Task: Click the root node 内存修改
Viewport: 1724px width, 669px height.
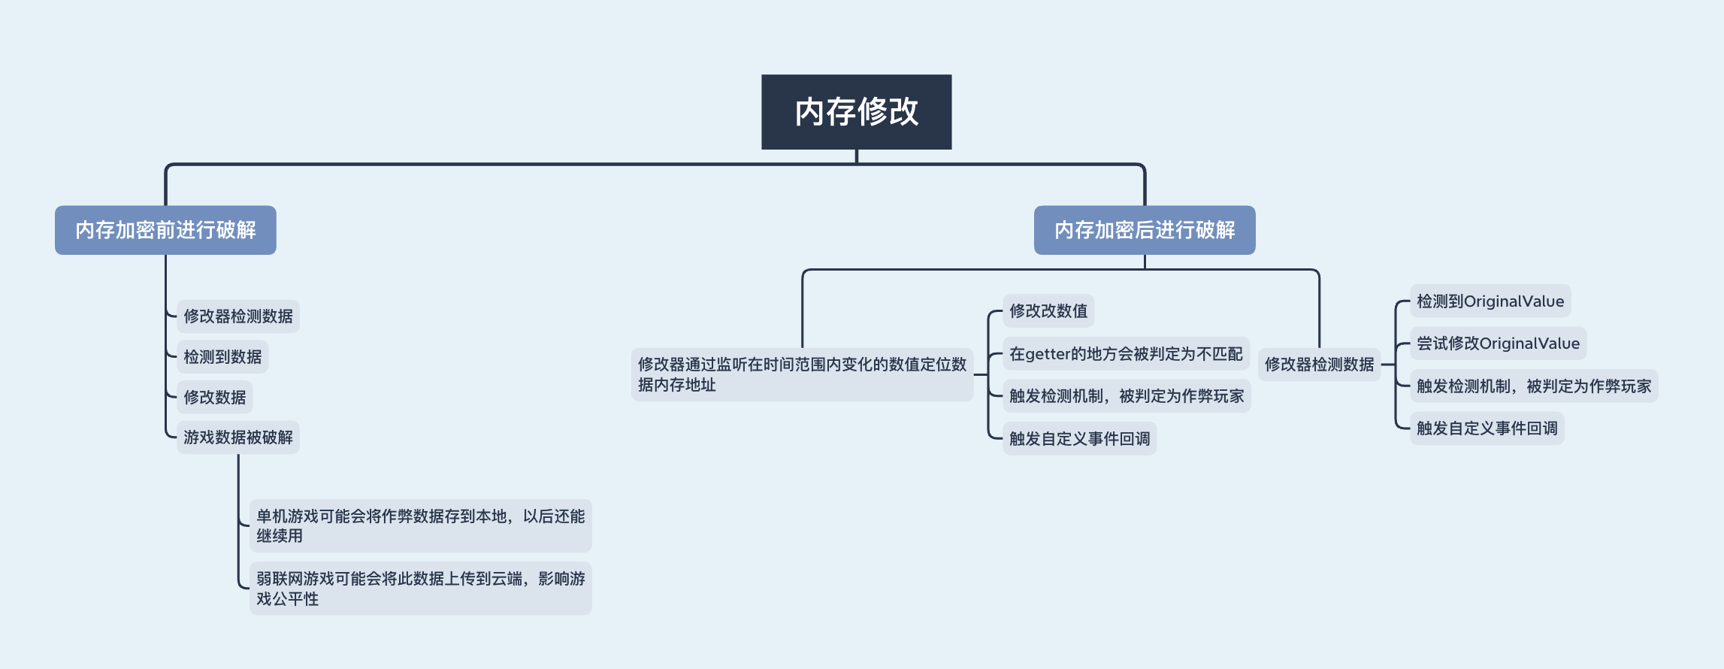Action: [x=856, y=111]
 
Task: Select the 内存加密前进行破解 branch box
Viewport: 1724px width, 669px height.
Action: [x=165, y=230]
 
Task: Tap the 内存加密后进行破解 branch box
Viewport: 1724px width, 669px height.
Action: [x=1144, y=230]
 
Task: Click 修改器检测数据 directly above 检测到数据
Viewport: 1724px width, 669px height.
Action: [x=237, y=316]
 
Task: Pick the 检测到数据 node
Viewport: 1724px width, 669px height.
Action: [x=222, y=357]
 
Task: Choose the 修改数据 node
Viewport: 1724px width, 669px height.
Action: [x=214, y=398]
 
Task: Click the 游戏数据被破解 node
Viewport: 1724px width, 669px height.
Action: [x=237, y=437]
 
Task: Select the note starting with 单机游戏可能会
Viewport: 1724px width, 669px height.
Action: [x=420, y=525]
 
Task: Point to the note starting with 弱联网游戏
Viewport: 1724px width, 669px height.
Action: [x=420, y=589]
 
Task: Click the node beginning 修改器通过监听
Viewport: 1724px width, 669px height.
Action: [x=802, y=374]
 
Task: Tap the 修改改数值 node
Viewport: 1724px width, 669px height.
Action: [x=1048, y=311]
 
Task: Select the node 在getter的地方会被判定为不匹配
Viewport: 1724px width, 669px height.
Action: [x=1126, y=354]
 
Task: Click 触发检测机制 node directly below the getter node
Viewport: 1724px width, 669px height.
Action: [x=1126, y=396]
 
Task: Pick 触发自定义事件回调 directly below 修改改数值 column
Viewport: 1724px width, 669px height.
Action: [x=1079, y=439]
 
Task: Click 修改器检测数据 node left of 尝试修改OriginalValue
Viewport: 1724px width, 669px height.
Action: [x=1319, y=365]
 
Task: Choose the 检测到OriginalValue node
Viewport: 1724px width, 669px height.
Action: [x=1490, y=301]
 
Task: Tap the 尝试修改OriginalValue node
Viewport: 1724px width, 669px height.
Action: [x=1498, y=344]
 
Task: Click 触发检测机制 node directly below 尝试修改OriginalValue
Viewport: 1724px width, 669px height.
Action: [x=1533, y=386]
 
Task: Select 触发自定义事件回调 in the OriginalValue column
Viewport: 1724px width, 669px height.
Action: [x=1487, y=428]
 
